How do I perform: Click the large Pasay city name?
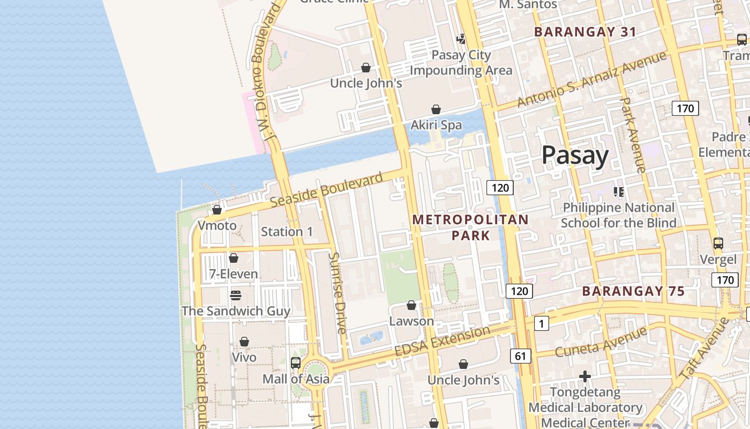point(575,156)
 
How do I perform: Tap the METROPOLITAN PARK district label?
point(470,227)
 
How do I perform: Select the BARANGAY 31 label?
point(585,32)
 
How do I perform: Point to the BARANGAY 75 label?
point(633,291)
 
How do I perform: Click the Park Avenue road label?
point(632,135)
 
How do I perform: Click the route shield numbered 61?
point(521,356)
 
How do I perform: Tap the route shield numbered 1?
point(542,323)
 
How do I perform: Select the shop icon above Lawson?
point(411,305)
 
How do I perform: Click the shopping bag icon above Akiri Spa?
point(436,109)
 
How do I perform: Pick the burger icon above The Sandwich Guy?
point(235,295)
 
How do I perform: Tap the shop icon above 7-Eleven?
point(233,258)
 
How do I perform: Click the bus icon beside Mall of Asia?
point(295,363)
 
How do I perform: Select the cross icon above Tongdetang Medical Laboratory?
point(585,376)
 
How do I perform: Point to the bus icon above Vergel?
point(718,243)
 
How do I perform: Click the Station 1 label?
point(287,232)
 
